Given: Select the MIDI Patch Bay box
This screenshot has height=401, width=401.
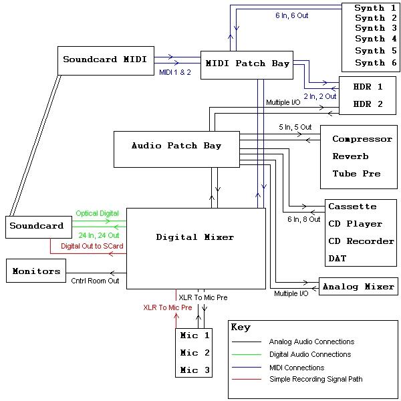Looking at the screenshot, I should (247, 64).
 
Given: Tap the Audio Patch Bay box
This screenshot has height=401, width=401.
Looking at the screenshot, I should (176, 146).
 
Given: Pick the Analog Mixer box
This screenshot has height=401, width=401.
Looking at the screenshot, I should (358, 287).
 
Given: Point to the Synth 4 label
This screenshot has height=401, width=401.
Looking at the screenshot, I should (370, 39).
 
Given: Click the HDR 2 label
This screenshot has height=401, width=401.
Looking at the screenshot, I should (368, 104).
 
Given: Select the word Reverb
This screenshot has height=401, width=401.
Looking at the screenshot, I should (350, 156).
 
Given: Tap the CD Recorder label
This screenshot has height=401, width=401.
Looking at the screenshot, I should (361, 241).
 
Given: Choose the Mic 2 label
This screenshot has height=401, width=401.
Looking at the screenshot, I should (194, 352).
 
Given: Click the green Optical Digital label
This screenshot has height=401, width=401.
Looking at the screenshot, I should (97, 213).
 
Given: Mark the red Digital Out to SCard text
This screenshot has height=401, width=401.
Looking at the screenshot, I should (92, 246).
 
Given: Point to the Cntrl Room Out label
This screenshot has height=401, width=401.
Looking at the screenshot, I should (95, 281).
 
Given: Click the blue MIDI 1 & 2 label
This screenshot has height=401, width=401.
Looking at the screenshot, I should (175, 72).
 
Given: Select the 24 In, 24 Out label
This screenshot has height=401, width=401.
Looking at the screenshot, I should (98, 235).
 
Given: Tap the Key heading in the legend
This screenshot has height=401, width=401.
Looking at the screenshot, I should (241, 327).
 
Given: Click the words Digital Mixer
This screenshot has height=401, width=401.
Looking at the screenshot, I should (195, 237).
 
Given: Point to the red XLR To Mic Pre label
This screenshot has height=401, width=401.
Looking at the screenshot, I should (167, 308).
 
